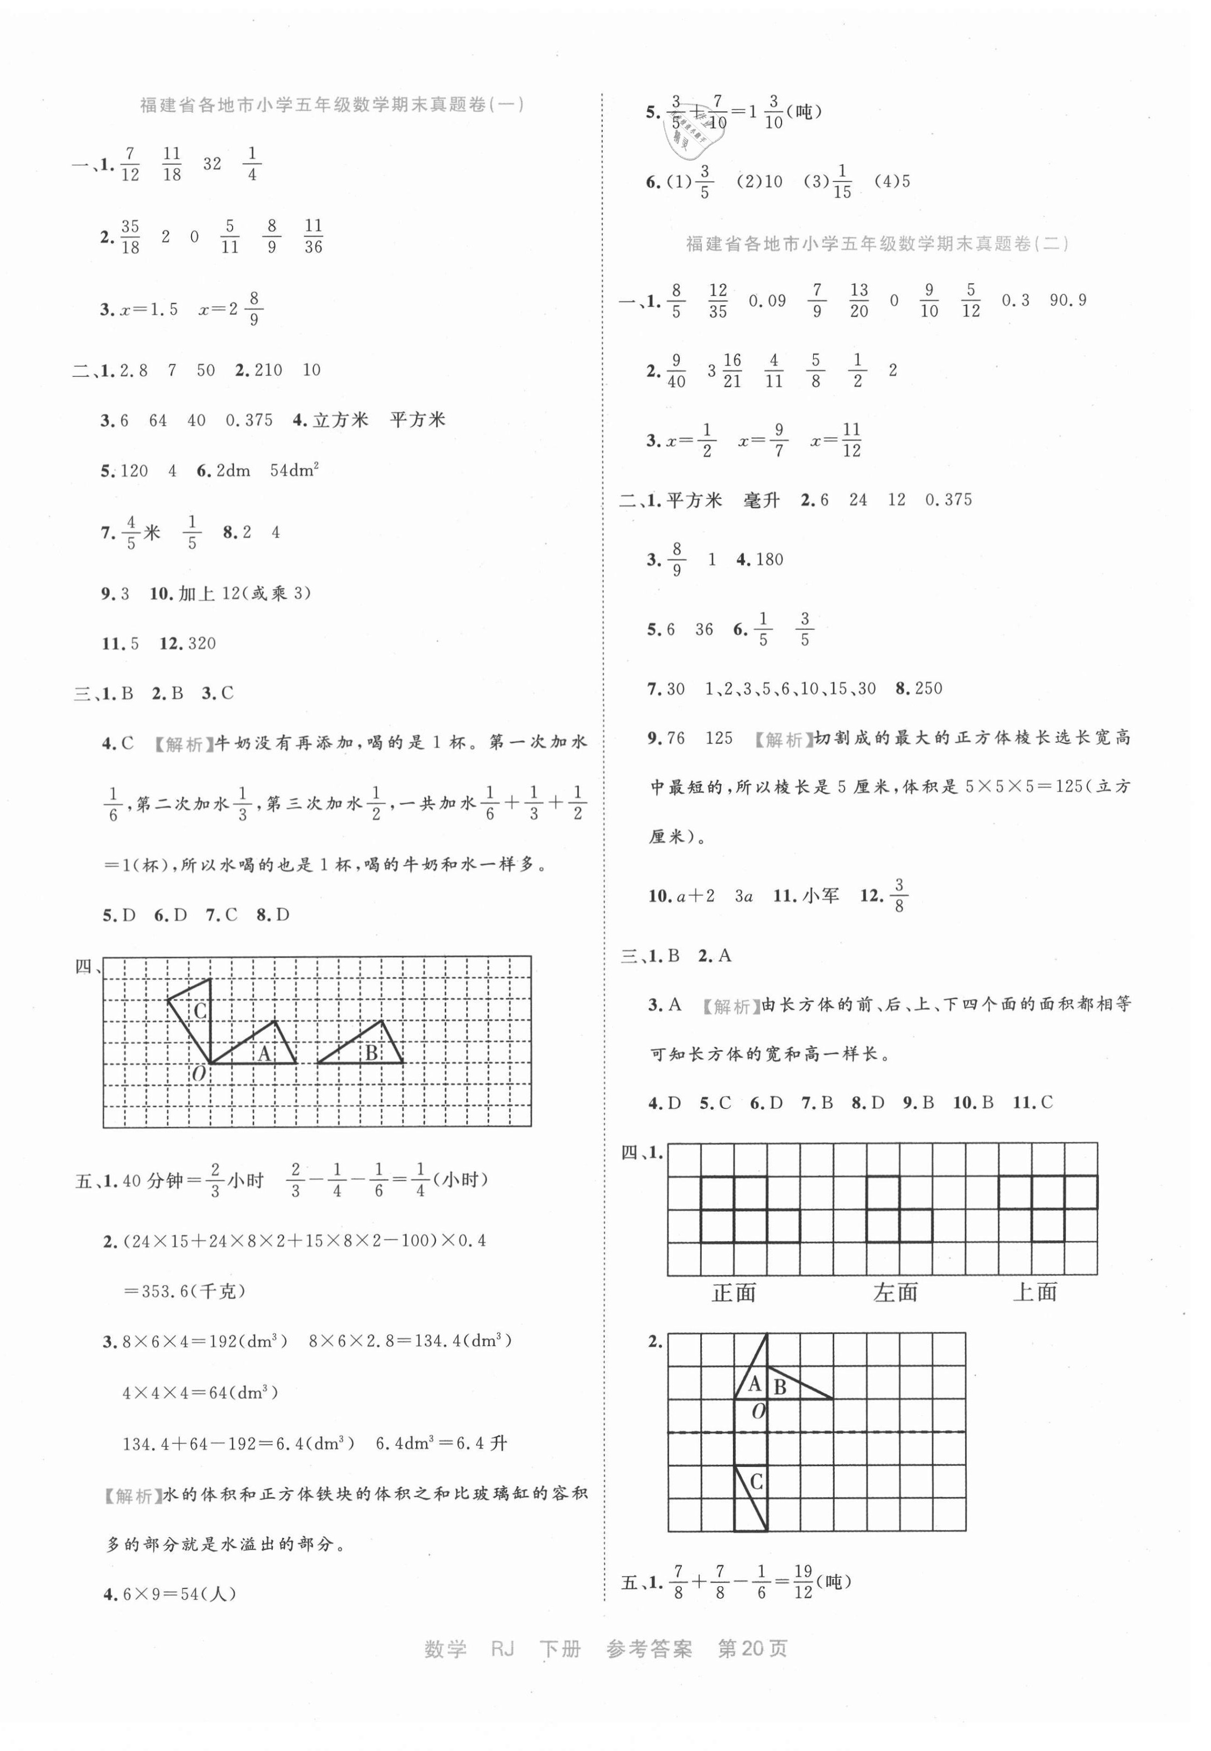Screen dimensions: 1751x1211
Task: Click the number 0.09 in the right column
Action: pyautogui.click(x=767, y=301)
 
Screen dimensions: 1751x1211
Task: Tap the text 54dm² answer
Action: pyautogui.click(x=294, y=470)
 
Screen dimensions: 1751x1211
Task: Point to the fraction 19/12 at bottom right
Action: pyautogui.click(x=803, y=1582)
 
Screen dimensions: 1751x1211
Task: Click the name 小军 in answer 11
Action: pyautogui.click(x=821, y=896)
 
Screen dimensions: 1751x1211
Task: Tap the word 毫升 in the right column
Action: pyautogui.click(x=762, y=500)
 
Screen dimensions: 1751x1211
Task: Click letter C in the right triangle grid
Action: pyautogui.click(x=757, y=1482)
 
